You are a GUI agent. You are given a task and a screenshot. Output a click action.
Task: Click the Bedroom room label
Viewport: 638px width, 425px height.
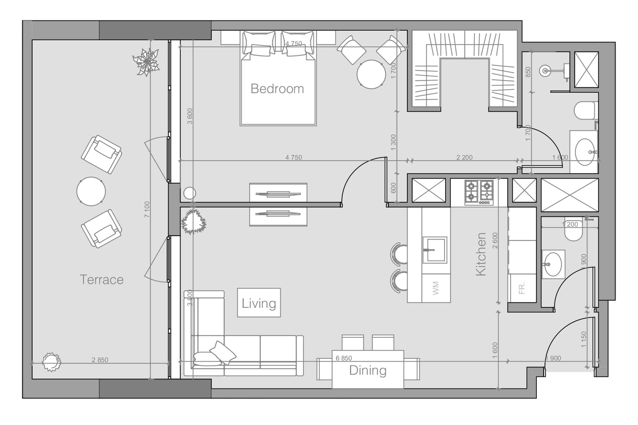pyautogui.click(x=277, y=89)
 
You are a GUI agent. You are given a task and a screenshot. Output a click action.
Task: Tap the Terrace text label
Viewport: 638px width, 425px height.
pyautogui.click(x=102, y=280)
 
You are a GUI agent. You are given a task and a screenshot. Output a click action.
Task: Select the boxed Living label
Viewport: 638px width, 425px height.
pyautogui.click(x=259, y=303)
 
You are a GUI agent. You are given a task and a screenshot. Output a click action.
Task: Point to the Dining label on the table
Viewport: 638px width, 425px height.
pyautogui.click(x=368, y=370)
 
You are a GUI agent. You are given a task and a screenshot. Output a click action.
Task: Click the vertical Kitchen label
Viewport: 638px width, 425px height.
pyautogui.click(x=481, y=254)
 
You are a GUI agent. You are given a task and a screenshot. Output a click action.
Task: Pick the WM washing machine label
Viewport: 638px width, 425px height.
pyautogui.click(x=436, y=288)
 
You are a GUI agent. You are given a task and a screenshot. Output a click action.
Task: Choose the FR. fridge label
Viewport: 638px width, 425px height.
pyautogui.click(x=522, y=288)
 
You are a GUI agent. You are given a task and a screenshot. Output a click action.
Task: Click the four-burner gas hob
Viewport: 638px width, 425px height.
pyautogui.click(x=479, y=192)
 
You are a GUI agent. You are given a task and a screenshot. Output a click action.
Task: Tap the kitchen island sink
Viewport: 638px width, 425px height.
pyautogui.click(x=434, y=250)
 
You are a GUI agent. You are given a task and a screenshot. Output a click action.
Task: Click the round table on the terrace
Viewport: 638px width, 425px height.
pyautogui.click(x=91, y=192)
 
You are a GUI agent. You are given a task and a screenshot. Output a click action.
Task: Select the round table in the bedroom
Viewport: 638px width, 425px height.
pyautogui.click(x=371, y=74)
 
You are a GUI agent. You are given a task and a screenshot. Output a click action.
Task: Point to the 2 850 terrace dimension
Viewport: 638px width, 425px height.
pyautogui.click(x=100, y=360)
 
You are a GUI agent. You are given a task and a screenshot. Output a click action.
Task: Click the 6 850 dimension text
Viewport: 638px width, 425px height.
pyautogui.click(x=344, y=358)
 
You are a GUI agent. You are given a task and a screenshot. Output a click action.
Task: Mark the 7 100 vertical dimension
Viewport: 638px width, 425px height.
pyautogui.click(x=147, y=210)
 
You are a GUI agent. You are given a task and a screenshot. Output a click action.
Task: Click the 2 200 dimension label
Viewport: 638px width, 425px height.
pyautogui.click(x=464, y=157)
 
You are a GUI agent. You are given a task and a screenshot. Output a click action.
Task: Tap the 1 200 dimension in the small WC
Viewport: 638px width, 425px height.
pyautogui.click(x=570, y=224)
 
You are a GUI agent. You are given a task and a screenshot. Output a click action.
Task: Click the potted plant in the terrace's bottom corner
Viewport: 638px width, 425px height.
pyautogui.click(x=52, y=362)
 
